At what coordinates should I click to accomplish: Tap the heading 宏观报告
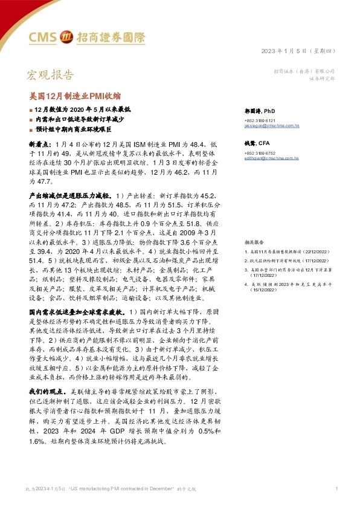[50, 75]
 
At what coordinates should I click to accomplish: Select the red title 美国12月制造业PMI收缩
[76, 96]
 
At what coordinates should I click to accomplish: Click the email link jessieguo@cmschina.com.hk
[272, 125]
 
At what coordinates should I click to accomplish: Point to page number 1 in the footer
[336, 488]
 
